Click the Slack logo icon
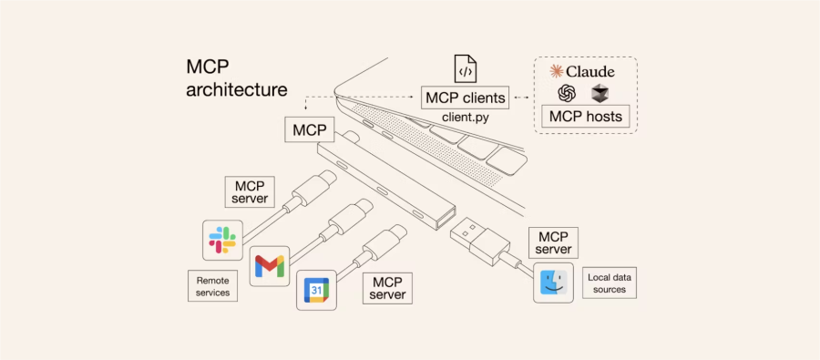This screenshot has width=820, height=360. coord(223,241)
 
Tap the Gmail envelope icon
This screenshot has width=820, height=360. coord(270,266)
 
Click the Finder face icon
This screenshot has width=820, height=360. coord(553,283)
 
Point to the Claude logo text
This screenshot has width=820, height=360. coord(581,72)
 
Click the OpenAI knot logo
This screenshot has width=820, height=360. coord(567,94)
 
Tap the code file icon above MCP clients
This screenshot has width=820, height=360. coord(466,68)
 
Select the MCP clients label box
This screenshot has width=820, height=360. coord(466,98)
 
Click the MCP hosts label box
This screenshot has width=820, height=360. coord(585,116)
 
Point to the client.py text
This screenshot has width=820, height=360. coord(466,118)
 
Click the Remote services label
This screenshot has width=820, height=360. coord(212,285)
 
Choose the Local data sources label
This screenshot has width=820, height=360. coord(610,283)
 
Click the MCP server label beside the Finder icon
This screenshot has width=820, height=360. coord(553,242)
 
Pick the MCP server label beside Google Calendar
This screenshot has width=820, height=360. coord(387,288)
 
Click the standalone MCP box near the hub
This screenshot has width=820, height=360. coord(310,129)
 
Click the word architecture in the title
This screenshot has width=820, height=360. coord(237,89)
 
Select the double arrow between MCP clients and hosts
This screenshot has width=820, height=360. coord(521,98)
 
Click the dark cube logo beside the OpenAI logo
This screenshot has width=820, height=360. coord(600,94)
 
